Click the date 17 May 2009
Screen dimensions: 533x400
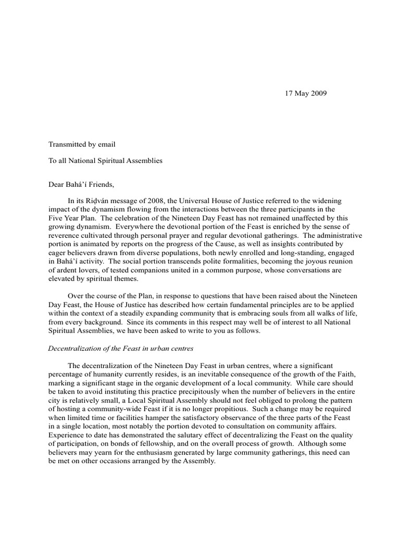(306, 94)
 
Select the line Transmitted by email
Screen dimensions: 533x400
(82, 144)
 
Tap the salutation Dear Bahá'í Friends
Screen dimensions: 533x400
(81, 184)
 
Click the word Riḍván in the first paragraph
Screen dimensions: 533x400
(102, 200)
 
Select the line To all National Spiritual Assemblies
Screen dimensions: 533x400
(105, 161)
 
